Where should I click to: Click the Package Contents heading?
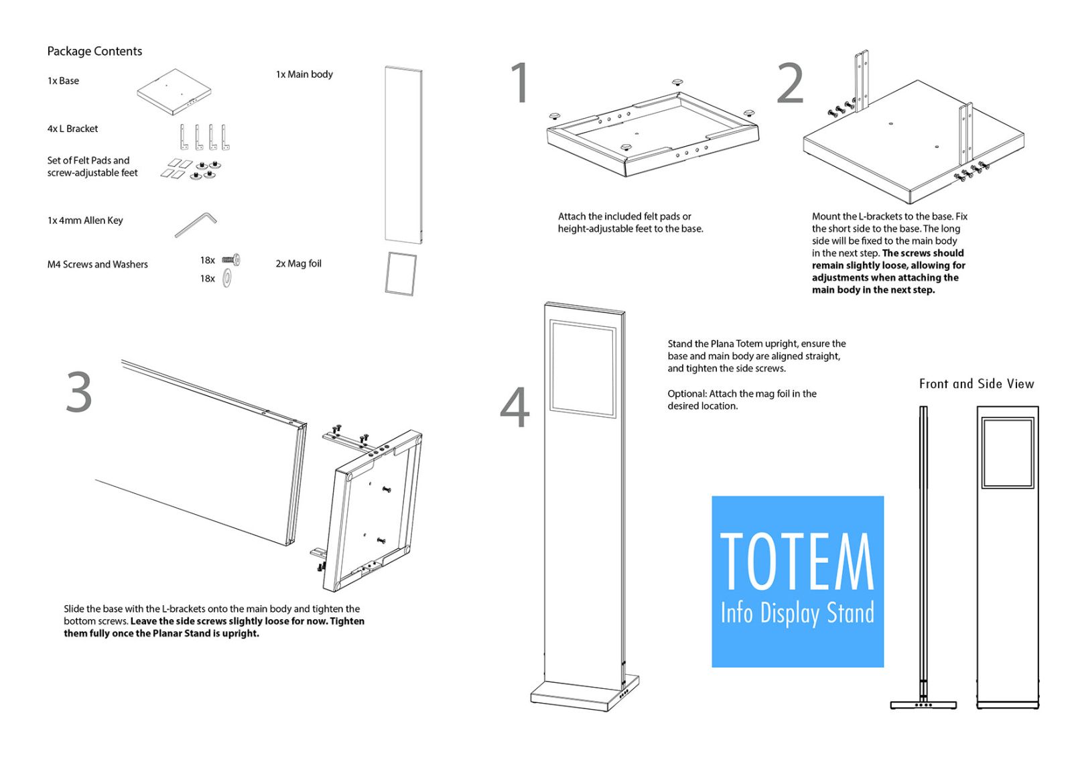pyautogui.click(x=94, y=51)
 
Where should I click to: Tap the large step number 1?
pyautogui.click(x=519, y=82)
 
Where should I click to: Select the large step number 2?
pyautogui.click(x=790, y=83)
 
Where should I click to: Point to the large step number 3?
pyautogui.click(x=79, y=391)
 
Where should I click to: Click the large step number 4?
pyautogui.click(x=515, y=407)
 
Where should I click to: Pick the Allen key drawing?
pyautogui.click(x=196, y=224)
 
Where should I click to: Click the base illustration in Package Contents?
pyautogui.click(x=174, y=91)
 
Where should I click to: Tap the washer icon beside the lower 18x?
pyautogui.click(x=227, y=278)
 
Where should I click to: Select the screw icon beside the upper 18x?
pyautogui.click(x=231, y=260)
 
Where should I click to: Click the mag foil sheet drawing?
pyautogui.click(x=401, y=274)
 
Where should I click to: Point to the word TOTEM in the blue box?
pyautogui.click(x=797, y=562)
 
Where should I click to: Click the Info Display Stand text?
pyautogui.click(x=797, y=614)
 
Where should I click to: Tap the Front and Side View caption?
pyautogui.click(x=976, y=383)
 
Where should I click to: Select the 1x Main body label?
pyautogui.click(x=304, y=74)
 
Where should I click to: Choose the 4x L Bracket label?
pyautogui.click(x=72, y=128)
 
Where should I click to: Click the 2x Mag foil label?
pyautogui.click(x=298, y=263)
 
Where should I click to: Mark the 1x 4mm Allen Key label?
pyautogui.click(x=84, y=220)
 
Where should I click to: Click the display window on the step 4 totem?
pyautogui.click(x=582, y=369)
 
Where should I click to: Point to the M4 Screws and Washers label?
pyautogui.click(x=97, y=264)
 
